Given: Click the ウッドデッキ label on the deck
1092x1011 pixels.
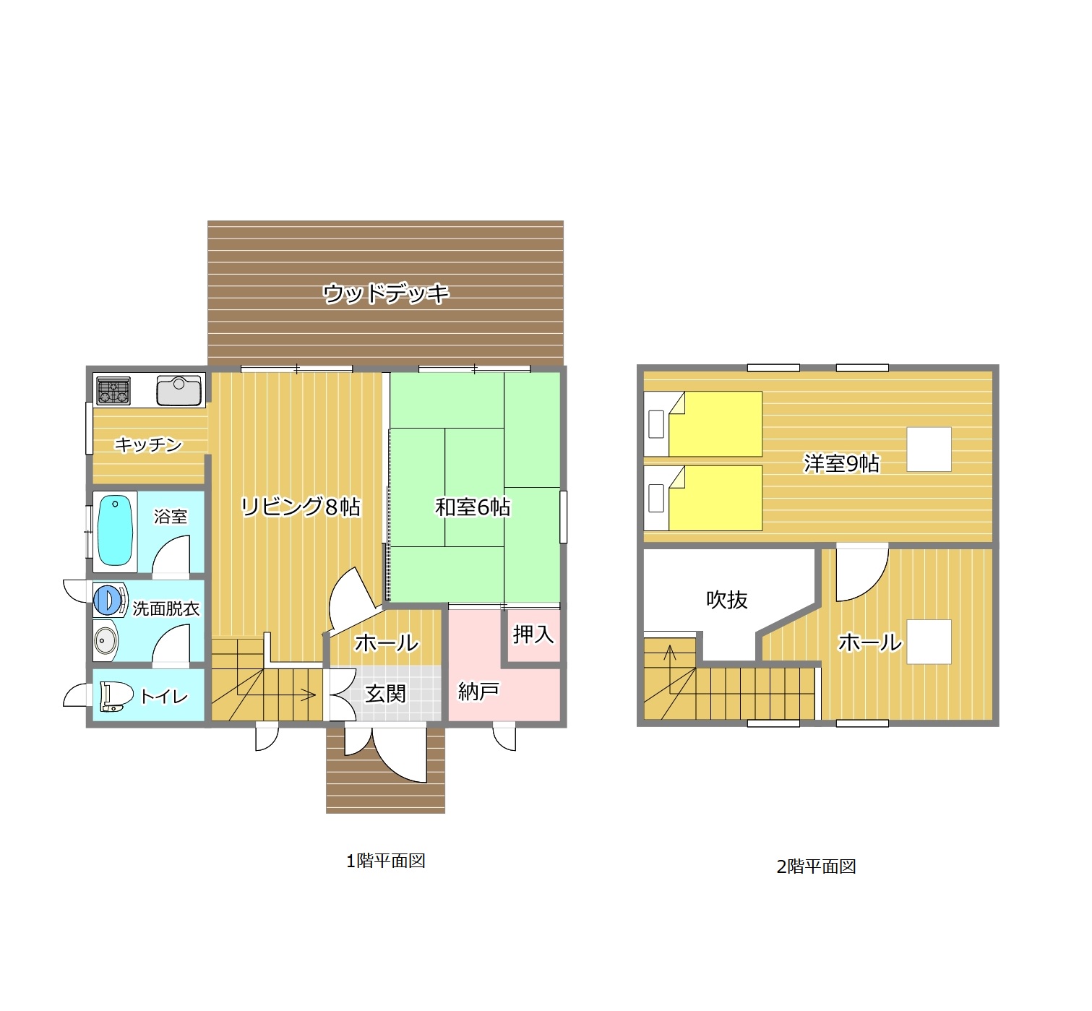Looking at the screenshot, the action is (x=385, y=293).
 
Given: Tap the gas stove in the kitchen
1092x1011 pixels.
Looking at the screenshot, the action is (x=113, y=390).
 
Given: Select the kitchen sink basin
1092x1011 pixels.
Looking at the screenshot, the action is (x=179, y=390).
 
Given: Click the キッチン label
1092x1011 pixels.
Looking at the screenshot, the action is (x=148, y=444).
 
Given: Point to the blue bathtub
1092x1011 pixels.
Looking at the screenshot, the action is (x=115, y=530).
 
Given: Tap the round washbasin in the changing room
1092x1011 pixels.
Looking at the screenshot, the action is (x=105, y=640).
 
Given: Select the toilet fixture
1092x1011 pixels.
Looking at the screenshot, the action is (x=116, y=697).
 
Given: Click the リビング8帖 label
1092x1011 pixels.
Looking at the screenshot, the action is (x=300, y=507).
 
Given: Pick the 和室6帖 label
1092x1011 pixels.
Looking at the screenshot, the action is (x=473, y=507).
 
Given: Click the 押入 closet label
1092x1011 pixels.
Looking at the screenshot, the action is (x=533, y=634).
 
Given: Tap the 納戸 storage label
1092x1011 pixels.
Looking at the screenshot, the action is (x=478, y=692).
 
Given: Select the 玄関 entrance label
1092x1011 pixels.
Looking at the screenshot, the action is (x=385, y=694).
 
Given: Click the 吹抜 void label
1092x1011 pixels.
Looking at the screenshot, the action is (x=727, y=600).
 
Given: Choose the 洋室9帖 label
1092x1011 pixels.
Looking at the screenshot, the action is (x=841, y=463).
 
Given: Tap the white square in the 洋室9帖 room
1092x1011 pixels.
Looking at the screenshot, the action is (x=929, y=449).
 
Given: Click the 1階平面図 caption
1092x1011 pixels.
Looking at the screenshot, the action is (x=385, y=861).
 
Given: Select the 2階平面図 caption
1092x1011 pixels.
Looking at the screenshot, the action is (x=816, y=866).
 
